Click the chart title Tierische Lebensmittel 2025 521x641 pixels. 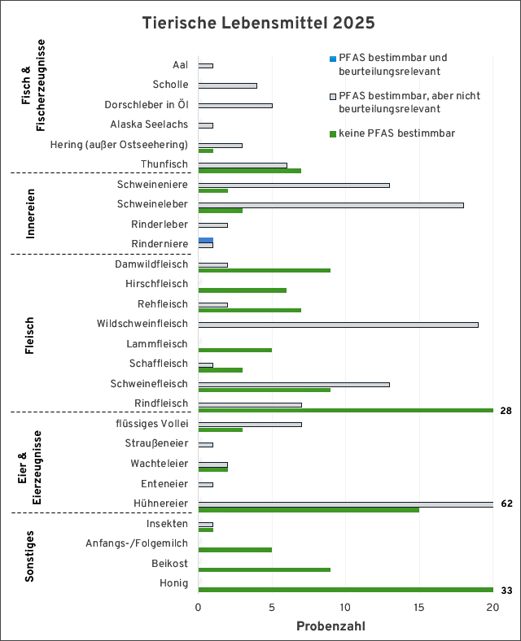(x=259, y=23)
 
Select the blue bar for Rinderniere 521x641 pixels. (x=205, y=240)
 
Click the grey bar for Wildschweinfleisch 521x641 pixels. (x=338, y=325)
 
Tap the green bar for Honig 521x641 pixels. (x=345, y=590)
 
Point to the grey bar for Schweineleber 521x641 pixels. (x=331, y=205)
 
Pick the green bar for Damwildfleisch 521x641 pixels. (x=264, y=270)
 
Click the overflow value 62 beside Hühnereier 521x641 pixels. (x=506, y=504)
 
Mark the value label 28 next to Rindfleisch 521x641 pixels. (x=506, y=411)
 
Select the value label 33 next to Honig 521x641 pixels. (x=506, y=591)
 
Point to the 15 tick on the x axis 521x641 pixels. (x=419, y=608)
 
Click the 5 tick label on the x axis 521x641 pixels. (x=272, y=608)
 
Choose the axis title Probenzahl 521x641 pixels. (x=331, y=626)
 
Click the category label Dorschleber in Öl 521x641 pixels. (x=147, y=105)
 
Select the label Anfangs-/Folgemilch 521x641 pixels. (x=137, y=543)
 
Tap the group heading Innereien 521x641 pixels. (x=30, y=213)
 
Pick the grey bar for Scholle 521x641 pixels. (x=227, y=85)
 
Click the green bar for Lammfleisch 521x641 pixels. (x=234, y=350)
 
